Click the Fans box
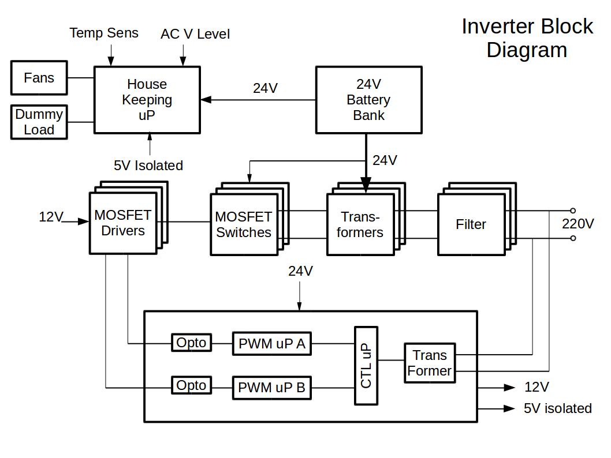pos(39,78)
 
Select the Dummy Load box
pos(39,122)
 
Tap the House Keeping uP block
pos(147,100)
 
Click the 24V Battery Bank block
pos(368,100)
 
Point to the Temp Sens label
pos(104,33)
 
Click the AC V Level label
pos(195,35)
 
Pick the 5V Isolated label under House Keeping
pos(148,166)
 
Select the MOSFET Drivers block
pos(122,223)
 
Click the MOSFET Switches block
pos(243,224)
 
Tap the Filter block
pos(471,224)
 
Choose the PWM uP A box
pos(271,344)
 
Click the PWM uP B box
pos(271,388)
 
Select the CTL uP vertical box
pos(366,366)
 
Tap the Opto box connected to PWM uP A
pos(191,343)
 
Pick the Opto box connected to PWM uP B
pos(191,385)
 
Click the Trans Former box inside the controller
pos(429,363)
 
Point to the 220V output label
pos(578,224)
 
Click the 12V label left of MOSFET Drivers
pos(51,217)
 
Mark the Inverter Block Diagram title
pos(527,38)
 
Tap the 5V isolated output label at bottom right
pos(557,408)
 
